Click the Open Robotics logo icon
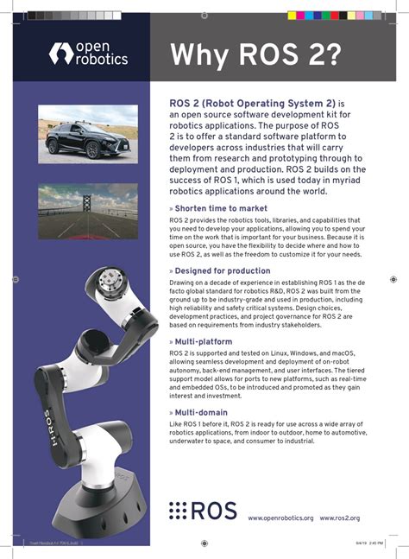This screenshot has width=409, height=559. pos(61,53)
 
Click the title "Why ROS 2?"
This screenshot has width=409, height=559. pos(255,54)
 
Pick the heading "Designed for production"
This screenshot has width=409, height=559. pos(222,270)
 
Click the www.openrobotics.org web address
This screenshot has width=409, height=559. pos(280,518)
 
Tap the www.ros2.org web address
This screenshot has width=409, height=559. pos(339,518)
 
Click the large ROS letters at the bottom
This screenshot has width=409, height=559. pos(213,511)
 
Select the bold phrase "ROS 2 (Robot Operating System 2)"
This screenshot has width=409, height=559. pos(251,103)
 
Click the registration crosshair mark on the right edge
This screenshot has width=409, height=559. pos(393,279)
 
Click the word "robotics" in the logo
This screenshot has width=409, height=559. pos(101,60)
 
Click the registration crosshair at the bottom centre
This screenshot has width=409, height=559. pos(204,543)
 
